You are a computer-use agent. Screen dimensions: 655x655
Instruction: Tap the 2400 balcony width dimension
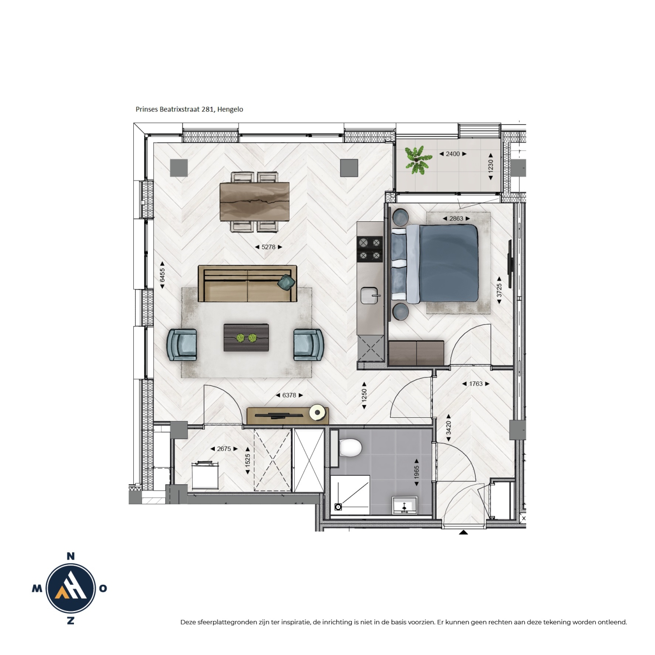[x=453, y=154]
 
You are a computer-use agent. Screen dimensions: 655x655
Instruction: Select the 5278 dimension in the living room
[x=268, y=247]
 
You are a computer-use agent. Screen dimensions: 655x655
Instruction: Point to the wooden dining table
[x=255, y=202]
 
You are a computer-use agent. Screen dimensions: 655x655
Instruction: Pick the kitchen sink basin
[x=370, y=295]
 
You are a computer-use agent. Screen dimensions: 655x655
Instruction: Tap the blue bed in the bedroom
[x=435, y=263]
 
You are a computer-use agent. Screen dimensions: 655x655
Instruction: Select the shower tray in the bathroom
[x=350, y=495]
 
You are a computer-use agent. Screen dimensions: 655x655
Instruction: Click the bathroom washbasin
[x=405, y=505]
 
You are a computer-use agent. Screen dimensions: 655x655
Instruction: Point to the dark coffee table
[x=246, y=337]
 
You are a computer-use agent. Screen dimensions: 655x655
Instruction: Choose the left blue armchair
[x=182, y=345]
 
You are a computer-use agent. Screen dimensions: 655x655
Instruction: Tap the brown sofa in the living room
[x=247, y=284]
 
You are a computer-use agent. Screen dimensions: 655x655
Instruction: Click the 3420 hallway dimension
[x=448, y=428]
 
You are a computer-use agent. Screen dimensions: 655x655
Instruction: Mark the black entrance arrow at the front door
[x=463, y=532]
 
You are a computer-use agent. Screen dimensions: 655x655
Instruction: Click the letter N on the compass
[x=70, y=556]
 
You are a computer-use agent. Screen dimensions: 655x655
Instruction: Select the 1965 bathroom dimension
[x=417, y=472]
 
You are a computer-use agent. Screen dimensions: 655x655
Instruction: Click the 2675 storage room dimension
[x=224, y=449]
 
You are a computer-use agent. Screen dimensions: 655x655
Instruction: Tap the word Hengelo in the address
[x=230, y=109]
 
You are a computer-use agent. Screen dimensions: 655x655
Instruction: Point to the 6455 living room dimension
[x=162, y=275]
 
